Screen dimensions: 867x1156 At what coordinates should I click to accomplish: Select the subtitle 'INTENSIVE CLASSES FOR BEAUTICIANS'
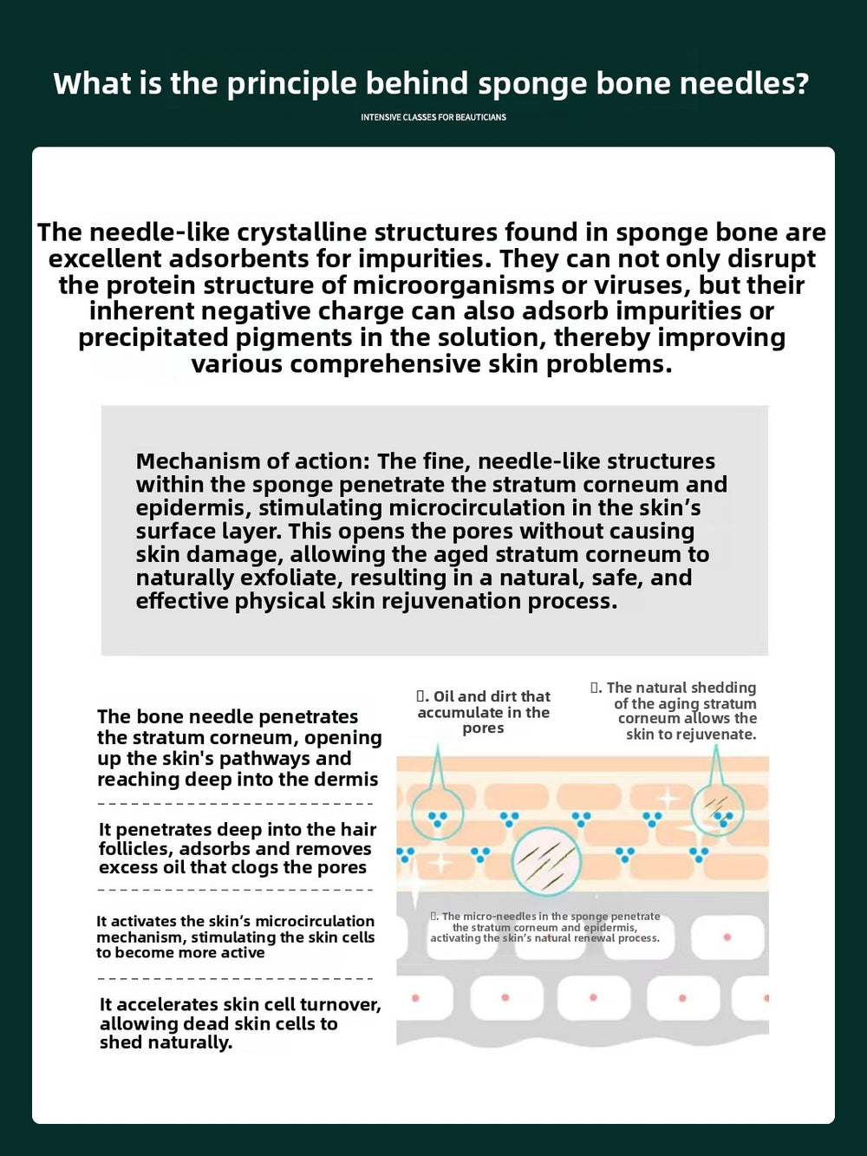point(433,117)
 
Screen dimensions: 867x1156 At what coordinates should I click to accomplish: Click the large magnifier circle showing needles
point(546,861)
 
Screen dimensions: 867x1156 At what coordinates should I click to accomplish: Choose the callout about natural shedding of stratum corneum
point(675,710)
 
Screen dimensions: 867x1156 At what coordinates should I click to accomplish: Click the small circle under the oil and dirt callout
point(437,814)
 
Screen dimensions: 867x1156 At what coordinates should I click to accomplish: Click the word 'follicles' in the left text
point(134,848)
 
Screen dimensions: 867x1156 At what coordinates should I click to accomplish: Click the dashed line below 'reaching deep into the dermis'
point(235,804)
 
